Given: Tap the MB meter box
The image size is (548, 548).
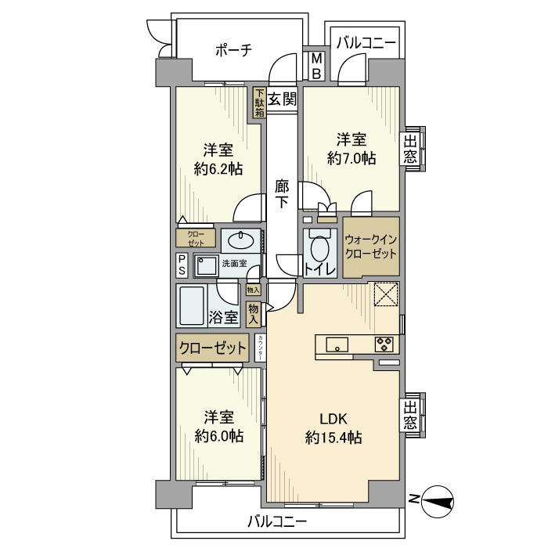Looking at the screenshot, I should click(316, 66).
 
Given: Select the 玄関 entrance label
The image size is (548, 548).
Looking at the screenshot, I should click(282, 99).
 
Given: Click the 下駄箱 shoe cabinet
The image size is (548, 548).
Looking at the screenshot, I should click(258, 103).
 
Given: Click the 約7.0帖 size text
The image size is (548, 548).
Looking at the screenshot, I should click(352, 158).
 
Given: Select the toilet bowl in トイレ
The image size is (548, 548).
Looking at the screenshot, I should click(320, 250).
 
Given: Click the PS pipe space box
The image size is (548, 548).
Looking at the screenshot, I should click(182, 265).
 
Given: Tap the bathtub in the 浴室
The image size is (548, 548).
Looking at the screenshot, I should click(191, 305).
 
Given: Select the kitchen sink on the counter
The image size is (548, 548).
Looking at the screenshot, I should click(338, 344).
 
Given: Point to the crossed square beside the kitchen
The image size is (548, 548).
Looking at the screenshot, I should click(385, 294).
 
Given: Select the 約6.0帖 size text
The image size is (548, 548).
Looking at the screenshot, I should click(218, 435).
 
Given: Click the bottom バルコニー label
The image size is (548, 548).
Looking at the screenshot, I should click(277, 521).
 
